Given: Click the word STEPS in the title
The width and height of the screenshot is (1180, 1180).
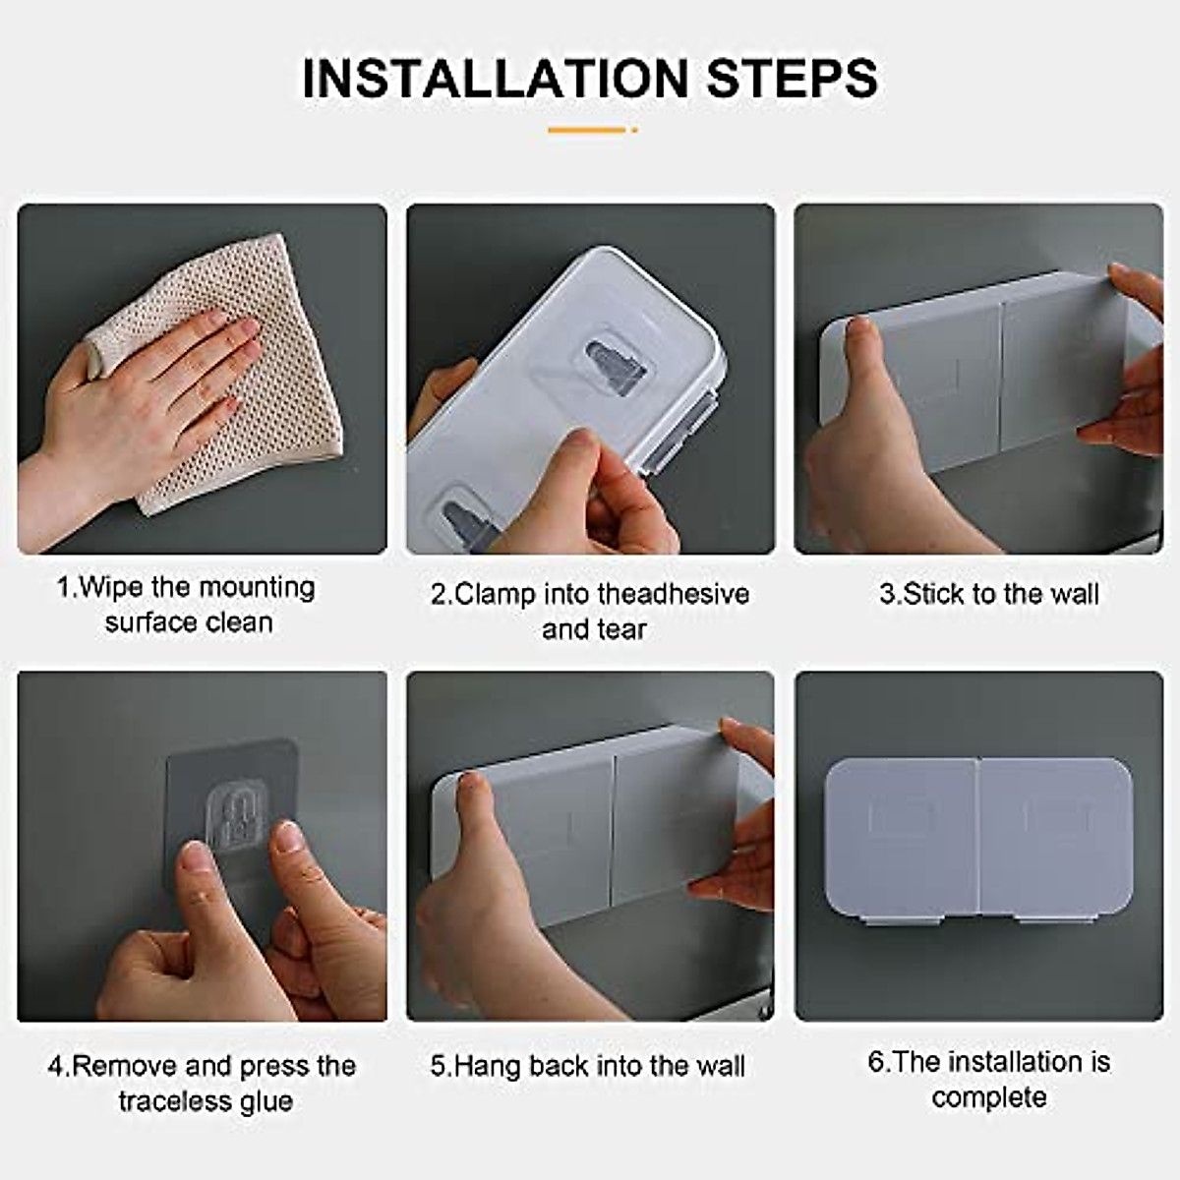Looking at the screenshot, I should pyautogui.click(x=793, y=79).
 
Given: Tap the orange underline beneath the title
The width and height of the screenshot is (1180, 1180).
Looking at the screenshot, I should pyautogui.click(x=591, y=129).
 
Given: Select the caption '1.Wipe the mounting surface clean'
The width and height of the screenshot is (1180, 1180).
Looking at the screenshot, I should pyautogui.click(x=187, y=605).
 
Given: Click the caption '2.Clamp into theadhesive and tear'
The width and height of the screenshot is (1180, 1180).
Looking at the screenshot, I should pyautogui.click(x=590, y=611).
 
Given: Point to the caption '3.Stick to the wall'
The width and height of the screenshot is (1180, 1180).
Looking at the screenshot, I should pyautogui.click(x=988, y=594).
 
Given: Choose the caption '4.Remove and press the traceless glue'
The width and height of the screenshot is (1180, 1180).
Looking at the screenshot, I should pyautogui.click(x=203, y=1083).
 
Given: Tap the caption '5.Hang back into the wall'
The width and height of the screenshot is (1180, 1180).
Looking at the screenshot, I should pyautogui.click(x=588, y=1066).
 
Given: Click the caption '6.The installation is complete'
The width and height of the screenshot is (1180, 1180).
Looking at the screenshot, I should pyautogui.click(x=988, y=1079).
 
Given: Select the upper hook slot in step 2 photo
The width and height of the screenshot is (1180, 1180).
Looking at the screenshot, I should pyautogui.click(x=616, y=365).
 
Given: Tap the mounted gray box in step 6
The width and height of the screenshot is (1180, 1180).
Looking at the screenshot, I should pyautogui.click(x=978, y=836).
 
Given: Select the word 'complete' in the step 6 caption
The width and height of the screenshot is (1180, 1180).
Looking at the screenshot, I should pyautogui.click(x=988, y=1097).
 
